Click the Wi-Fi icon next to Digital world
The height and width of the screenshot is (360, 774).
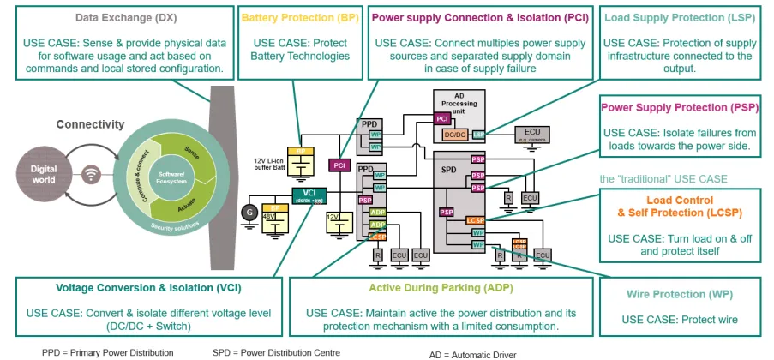[x=91, y=175]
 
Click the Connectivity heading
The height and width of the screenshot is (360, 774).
[x=91, y=124]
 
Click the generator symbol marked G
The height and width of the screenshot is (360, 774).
[x=251, y=210]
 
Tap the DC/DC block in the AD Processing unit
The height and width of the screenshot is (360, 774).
[x=454, y=134]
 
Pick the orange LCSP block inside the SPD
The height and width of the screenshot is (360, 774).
[x=476, y=221]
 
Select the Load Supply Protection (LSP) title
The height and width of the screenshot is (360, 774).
[x=675, y=17]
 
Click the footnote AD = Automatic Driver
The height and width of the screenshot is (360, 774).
[x=473, y=353]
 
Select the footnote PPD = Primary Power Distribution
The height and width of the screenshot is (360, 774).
[x=107, y=352]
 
